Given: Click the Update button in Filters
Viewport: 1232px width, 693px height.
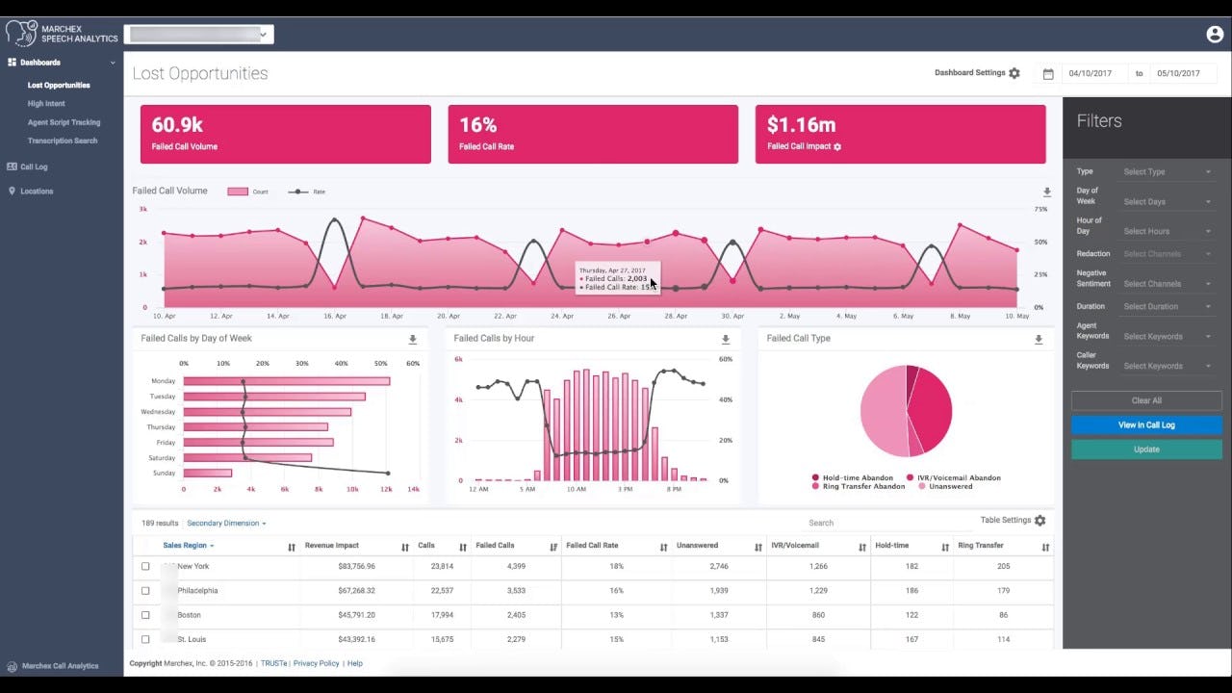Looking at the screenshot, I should pyautogui.click(x=1146, y=449).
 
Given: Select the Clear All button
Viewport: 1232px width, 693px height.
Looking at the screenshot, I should pyautogui.click(x=1146, y=400).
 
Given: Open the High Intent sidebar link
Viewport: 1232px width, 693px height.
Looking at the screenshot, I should pyautogui.click(x=46, y=104).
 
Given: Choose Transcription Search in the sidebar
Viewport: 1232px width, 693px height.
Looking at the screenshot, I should pyautogui.click(x=63, y=141).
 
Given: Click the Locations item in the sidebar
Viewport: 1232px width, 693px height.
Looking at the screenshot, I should pyautogui.click(x=37, y=191).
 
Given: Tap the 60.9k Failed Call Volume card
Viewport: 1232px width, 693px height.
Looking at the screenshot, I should pyautogui.click(x=285, y=134).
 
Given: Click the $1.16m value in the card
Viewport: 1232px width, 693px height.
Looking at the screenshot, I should pyautogui.click(x=801, y=125).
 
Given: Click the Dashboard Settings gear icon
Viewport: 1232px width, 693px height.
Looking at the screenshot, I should pyautogui.click(x=1014, y=73).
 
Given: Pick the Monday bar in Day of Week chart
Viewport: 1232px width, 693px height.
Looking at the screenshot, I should pyautogui.click(x=286, y=381).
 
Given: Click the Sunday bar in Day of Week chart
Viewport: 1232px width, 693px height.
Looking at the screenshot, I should pyautogui.click(x=207, y=473).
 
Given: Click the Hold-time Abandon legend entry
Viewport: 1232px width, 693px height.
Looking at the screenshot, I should pyautogui.click(x=858, y=477).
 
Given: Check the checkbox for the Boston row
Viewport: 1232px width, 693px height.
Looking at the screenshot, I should pyautogui.click(x=145, y=615).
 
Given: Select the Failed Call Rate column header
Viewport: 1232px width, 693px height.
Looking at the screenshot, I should pyautogui.click(x=592, y=546).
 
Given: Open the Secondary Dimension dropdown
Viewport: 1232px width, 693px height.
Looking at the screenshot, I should pyautogui.click(x=226, y=524).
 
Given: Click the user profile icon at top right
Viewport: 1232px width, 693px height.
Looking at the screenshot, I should pyautogui.click(x=1214, y=35).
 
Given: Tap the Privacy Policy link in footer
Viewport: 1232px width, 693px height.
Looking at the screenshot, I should pyautogui.click(x=316, y=663).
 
